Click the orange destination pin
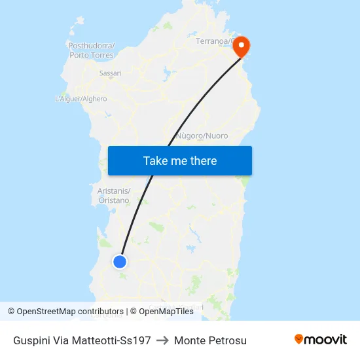click(x=242, y=46)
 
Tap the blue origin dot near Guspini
click(x=120, y=262)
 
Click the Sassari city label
click(x=110, y=73)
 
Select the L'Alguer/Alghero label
click(x=81, y=99)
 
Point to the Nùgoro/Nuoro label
click(x=202, y=136)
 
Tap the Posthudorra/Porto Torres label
click(x=92, y=50)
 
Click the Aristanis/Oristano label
click(x=114, y=195)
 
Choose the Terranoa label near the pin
click(x=214, y=41)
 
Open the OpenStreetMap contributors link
click(x=70, y=312)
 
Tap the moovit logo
click(x=320, y=339)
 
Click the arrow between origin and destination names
click(x=162, y=340)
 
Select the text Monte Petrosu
click(x=210, y=340)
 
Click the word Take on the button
click(x=156, y=160)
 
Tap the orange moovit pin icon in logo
click(x=299, y=339)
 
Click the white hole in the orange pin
click(x=242, y=45)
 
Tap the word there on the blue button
click(x=202, y=160)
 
